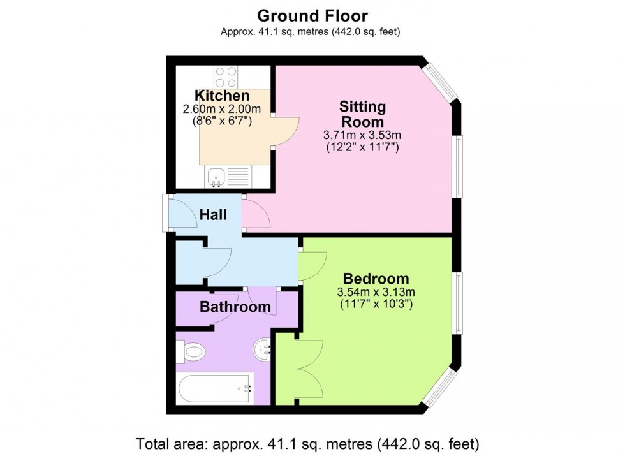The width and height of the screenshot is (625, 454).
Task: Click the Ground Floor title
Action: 312,15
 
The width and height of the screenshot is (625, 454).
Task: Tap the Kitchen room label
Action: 222,96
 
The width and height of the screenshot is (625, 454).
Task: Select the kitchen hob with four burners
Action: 226,77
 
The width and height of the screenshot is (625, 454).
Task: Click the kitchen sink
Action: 216,177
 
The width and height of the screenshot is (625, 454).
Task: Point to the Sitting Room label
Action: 362,113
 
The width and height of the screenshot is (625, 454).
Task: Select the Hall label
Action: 213,215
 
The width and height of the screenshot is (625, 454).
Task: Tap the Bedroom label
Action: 376,279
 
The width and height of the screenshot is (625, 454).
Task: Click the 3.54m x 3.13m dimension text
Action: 376,293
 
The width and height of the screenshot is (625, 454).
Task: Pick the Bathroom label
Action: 235,307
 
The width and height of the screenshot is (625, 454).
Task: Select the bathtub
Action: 215,388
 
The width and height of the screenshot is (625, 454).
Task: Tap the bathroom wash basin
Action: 264,349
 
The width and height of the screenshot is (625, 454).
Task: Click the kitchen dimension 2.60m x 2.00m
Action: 222,109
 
